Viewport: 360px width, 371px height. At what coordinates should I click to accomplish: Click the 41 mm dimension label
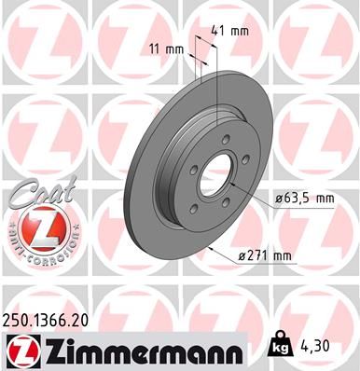229,30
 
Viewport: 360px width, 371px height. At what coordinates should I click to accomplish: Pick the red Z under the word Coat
38,227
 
